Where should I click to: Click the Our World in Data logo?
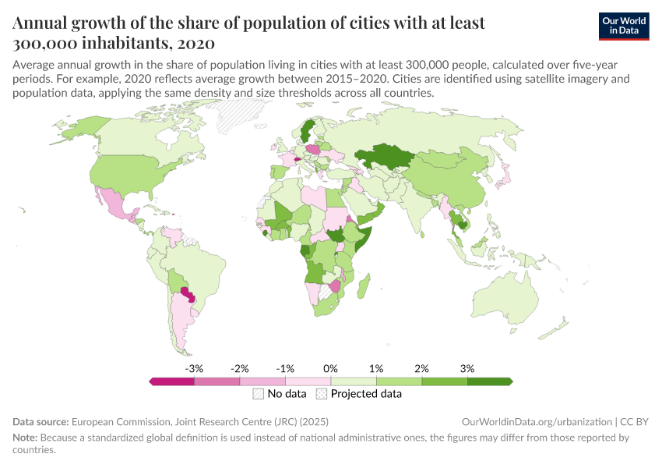623,26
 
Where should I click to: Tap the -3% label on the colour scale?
194,368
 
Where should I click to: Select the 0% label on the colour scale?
330,368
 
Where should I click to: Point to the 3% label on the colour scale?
467,368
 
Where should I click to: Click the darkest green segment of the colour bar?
488,381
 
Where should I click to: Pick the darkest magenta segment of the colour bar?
172,381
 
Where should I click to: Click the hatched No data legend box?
258,394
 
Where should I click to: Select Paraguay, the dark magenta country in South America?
188,294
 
